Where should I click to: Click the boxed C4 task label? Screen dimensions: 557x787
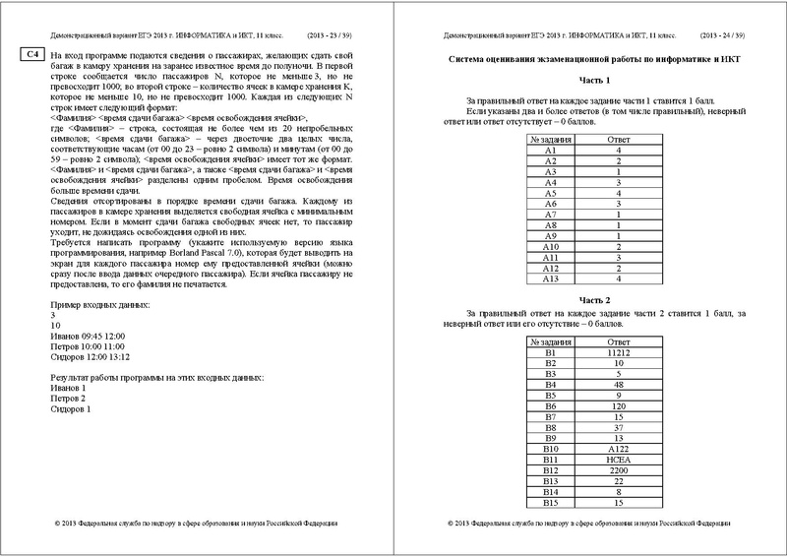pos(31,53)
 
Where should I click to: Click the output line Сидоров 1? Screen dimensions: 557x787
pos(75,408)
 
